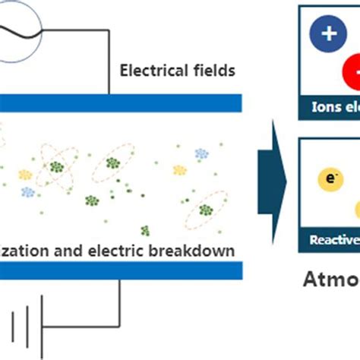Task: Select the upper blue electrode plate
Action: tap(122, 102)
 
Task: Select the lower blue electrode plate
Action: tap(122, 270)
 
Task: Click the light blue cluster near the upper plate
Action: tap(201, 153)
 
